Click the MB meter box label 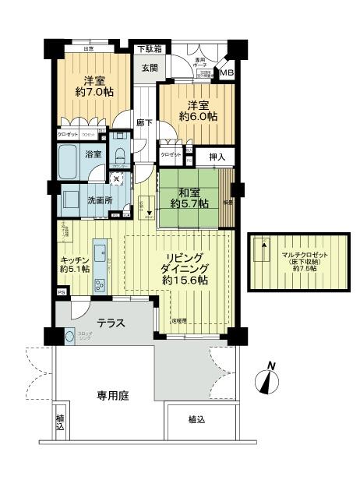tap(226, 73)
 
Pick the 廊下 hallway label tap(143, 122)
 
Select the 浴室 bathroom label tap(93, 154)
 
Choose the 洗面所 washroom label tap(100, 199)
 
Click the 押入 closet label tap(217, 158)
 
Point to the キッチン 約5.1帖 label tap(75, 263)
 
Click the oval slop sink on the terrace tap(72, 337)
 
